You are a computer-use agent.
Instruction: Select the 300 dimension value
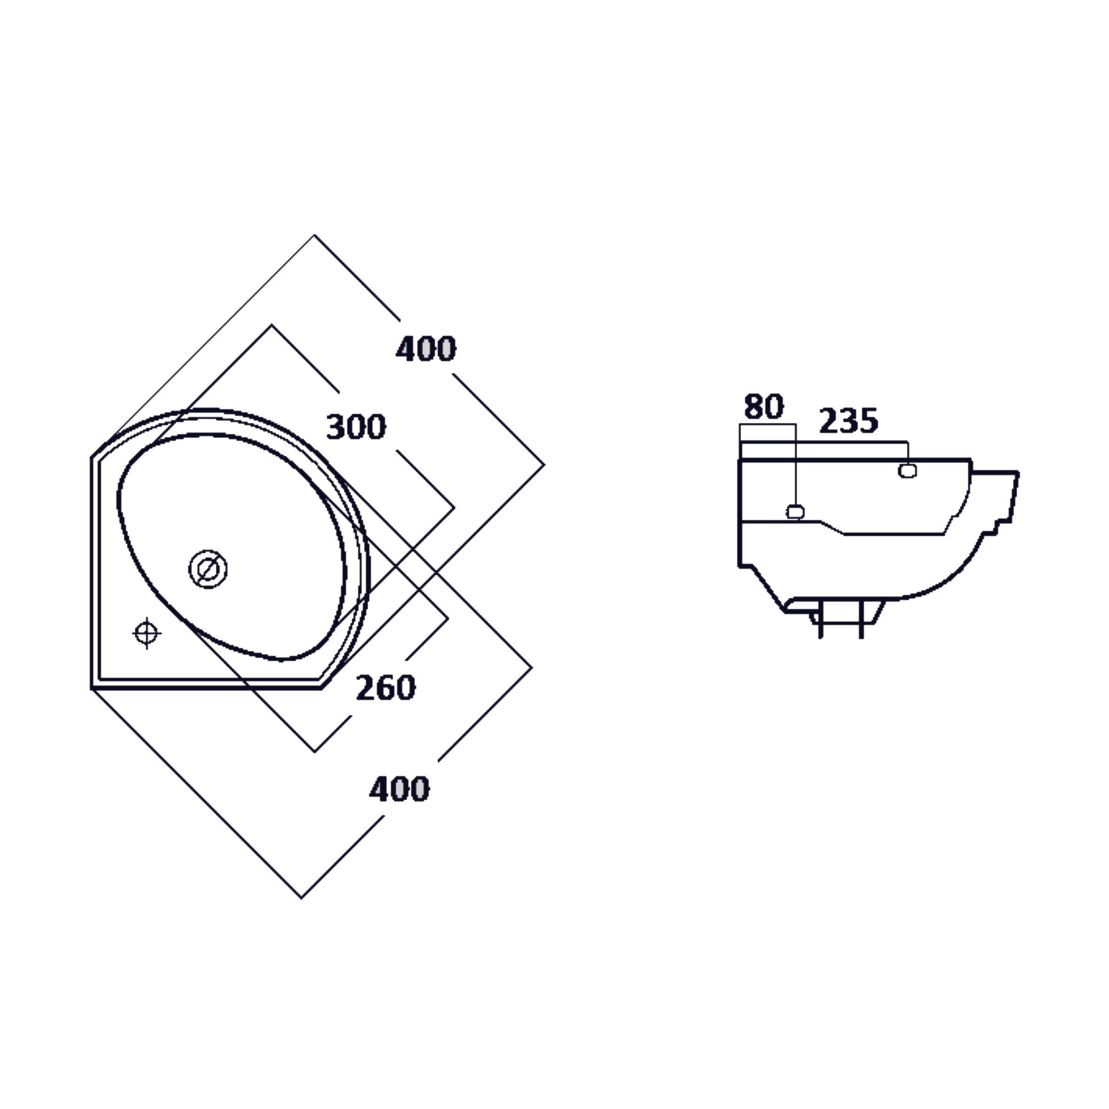click(356, 427)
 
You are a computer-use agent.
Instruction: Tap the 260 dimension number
click(386, 688)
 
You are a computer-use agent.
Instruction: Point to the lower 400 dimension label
click(399, 789)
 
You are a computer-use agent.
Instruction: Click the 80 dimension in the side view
click(763, 407)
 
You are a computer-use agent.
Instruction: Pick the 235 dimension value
click(848, 421)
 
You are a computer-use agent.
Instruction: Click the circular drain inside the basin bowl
click(208, 569)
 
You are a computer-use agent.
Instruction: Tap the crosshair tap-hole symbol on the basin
click(147, 633)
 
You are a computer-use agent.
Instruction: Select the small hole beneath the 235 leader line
click(907, 471)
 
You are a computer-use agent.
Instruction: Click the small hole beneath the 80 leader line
click(794, 511)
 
